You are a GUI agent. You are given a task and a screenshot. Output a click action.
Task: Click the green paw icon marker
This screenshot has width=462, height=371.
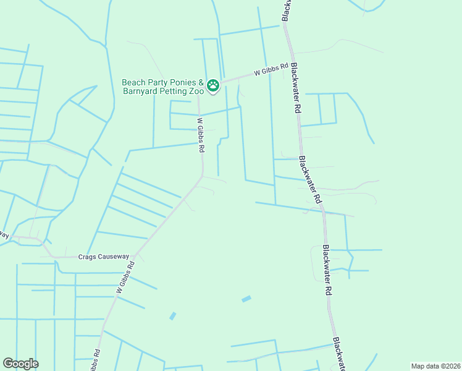[213, 85]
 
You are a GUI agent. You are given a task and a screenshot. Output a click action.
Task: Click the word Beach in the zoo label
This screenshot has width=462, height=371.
[133, 82]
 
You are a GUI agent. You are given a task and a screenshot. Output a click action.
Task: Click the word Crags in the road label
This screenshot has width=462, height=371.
[88, 257]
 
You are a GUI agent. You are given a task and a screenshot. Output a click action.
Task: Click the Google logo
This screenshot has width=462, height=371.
[20, 364]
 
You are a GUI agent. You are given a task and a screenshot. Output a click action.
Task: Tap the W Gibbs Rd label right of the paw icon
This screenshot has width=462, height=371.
[271, 70]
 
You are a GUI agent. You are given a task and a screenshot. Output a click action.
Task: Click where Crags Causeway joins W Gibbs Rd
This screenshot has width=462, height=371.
[135, 257]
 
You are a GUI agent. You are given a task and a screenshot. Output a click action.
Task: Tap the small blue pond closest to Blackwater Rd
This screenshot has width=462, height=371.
[247, 299]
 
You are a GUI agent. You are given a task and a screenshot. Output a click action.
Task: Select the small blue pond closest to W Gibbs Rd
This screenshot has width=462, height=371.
[172, 316]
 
